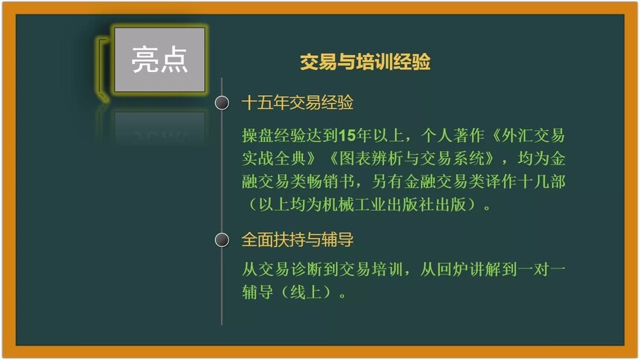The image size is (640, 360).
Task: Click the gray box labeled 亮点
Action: click(159, 60)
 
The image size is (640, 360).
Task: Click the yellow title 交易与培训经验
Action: click(365, 62)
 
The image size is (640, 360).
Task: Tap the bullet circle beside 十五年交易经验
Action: click(222, 103)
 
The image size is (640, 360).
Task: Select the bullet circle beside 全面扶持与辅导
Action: click(222, 240)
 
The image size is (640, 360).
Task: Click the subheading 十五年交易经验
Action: click(298, 103)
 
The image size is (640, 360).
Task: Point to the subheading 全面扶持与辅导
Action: click(298, 240)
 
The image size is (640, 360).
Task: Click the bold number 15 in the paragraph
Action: click(347, 135)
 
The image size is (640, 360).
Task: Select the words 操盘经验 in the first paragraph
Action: click(273, 135)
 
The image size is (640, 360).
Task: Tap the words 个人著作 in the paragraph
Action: click(452, 135)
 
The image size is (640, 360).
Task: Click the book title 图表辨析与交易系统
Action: click(412, 158)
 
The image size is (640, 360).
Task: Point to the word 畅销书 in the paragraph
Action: click(330, 181)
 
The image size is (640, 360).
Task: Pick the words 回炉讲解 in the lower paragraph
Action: click(469, 269)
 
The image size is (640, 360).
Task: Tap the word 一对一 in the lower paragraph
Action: click(541, 269)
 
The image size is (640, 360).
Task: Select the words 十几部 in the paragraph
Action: click(541, 181)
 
